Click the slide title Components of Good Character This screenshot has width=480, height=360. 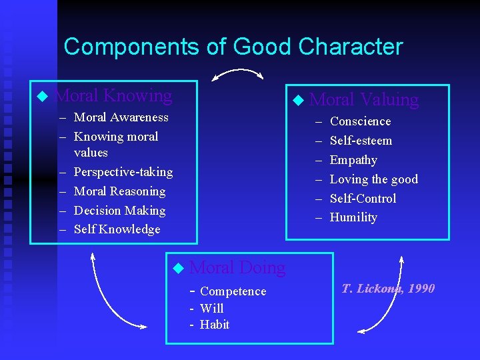(x=233, y=47)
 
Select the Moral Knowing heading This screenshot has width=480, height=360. (x=113, y=96)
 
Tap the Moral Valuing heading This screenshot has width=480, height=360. (x=364, y=100)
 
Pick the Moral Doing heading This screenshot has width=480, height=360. (x=237, y=268)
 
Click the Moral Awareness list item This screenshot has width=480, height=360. (x=121, y=117)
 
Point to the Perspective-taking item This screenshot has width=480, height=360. (x=123, y=172)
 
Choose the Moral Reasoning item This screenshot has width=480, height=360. (x=119, y=191)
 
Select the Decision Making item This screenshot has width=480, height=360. (x=119, y=211)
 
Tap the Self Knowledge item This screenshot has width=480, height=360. (x=117, y=229)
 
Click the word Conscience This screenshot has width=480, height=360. (x=360, y=121)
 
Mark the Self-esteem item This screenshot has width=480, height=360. (x=361, y=141)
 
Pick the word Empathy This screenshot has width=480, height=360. (x=353, y=160)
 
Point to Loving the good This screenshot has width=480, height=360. (x=373, y=179)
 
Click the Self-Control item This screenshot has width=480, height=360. (x=363, y=199)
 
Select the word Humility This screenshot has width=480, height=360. (x=353, y=217)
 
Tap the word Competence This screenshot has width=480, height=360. (x=233, y=291)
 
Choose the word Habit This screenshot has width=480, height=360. (x=214, y=325)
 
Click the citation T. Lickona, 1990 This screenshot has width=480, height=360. (x=388, y=289)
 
